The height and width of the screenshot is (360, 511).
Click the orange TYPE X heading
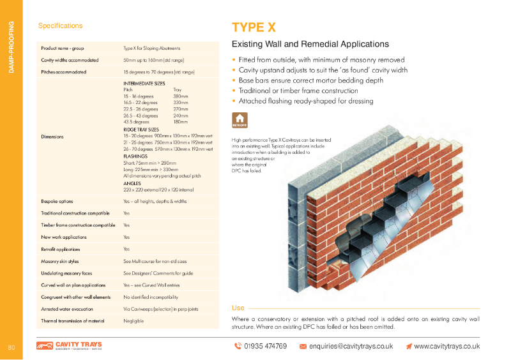pyautogui.click(x=254, y=27)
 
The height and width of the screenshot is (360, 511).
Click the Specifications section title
pyautogui.click(x=60, y=26)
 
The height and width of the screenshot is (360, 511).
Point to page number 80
pyautogui.click(x=11, y=347)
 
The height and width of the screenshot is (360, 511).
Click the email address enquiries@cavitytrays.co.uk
pyautogui.click(x=351, y=346)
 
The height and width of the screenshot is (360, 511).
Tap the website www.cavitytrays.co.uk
pyautogui.click(x=446, y=346)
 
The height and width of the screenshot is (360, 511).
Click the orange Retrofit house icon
pyautogui.click(x=240, y=120)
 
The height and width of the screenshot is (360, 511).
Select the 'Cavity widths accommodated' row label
pyautogui.click(x=70, y=60)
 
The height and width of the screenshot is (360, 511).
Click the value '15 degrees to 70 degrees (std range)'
pyautogui.click(x=158, y=72)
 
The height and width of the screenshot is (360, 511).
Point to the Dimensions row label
pyautogui.click(x=52, y=137)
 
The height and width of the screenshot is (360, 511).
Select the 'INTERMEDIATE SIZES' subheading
pyautogui.click(x=144, y=84)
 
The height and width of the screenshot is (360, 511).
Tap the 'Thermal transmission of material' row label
pyautogui.click(x=72, y=321)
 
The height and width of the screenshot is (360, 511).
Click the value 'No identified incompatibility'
pyautogui.click(x=150, y=297)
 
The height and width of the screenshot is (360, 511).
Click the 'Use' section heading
pyautogui.click(x=238, y=308)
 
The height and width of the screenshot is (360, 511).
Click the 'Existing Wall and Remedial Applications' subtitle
pyautogui.click(x=310, y=45)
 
